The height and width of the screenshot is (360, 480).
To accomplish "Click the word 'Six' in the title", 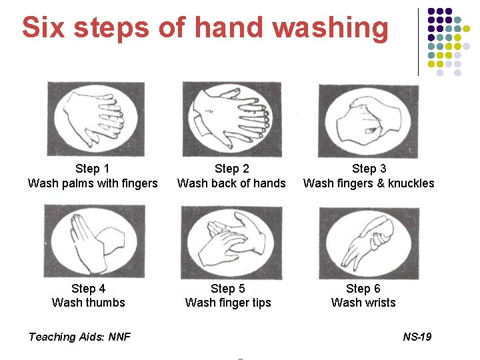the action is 43,27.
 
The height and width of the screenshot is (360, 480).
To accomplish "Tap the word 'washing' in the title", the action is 330,29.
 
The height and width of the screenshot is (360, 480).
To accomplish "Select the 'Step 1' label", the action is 92,169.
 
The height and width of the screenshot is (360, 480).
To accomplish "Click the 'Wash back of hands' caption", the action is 231,183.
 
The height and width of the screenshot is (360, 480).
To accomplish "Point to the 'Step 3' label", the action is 369,169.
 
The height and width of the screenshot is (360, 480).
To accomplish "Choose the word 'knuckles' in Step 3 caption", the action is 411,183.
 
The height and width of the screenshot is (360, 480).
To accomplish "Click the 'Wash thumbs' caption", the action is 89,303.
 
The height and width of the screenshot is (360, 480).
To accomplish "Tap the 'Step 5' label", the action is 228,289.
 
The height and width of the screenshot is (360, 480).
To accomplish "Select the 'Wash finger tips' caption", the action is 228,303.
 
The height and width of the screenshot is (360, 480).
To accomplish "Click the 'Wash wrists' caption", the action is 363,303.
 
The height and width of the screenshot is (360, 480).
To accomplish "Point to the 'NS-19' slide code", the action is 417,337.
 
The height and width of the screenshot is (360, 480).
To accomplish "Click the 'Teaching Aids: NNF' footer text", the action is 79,337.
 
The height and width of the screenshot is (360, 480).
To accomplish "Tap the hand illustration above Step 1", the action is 96,119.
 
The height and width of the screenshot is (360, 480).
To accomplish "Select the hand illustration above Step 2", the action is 232,119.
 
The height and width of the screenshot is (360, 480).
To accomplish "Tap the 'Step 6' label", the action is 363,289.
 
